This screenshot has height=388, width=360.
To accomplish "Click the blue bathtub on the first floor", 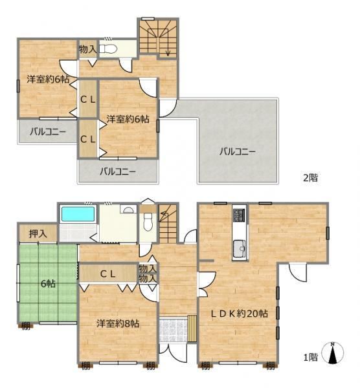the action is coord(78,214).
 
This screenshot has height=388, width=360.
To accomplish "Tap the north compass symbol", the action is coord(332,353).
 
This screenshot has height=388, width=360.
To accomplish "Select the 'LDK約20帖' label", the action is coord(239,314).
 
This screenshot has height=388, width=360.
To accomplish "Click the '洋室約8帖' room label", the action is coord(118,324).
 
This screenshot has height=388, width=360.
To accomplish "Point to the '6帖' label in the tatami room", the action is coord(48,284).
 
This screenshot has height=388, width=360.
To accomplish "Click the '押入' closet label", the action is coord(38,234).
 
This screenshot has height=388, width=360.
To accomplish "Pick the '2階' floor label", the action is coord(310,178).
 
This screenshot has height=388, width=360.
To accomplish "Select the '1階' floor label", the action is coord(311,357).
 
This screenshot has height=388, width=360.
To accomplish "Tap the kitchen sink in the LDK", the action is coord(240,248).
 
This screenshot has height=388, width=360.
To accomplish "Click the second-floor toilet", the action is coord(108,49).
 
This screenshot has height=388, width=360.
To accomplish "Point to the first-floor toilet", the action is coord(148,222).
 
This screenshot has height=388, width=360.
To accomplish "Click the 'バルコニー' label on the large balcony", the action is coord(238,151).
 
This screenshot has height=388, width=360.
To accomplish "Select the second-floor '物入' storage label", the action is coord(87,50).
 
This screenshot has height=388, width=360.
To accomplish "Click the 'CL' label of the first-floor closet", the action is coord(107,274).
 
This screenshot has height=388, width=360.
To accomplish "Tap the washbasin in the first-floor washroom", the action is coord(129,209).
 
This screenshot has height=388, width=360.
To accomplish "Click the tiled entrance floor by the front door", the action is coord(173,330).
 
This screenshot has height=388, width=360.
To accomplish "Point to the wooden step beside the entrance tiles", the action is coord(192,329).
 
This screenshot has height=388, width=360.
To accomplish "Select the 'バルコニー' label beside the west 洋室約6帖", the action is coord(48,132).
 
